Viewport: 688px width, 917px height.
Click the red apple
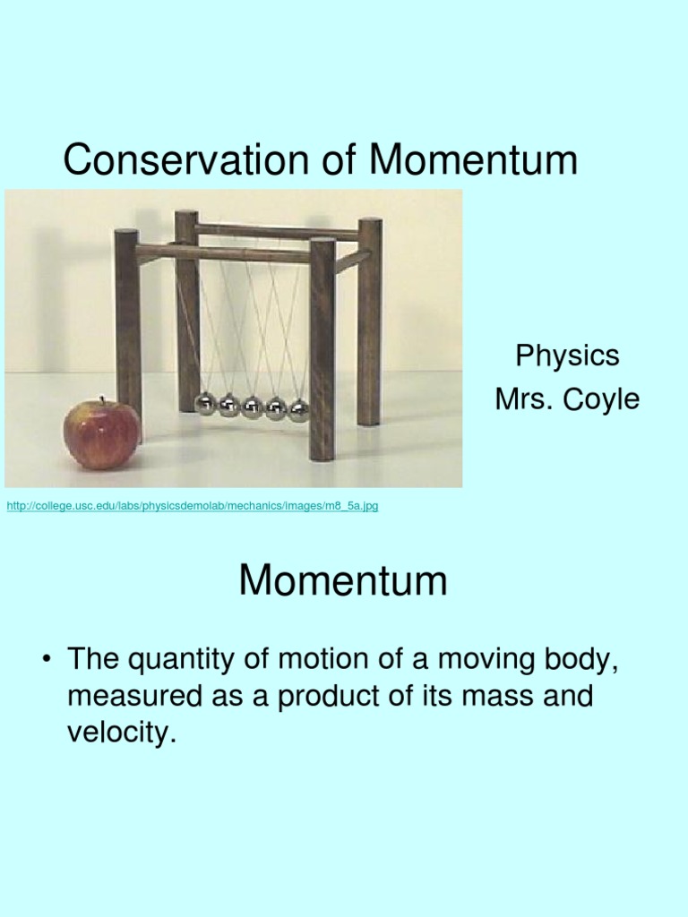(102, 434)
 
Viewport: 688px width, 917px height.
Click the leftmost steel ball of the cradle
(206, 404)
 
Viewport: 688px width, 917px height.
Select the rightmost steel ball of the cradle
(298, 410)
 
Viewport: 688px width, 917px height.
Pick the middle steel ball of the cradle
(252, 407)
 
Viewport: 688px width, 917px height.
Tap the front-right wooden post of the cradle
(322, 349)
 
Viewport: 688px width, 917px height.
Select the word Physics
(567, 356)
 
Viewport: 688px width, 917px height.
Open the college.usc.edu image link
(193, 506)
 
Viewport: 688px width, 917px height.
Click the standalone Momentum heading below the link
(343, 581)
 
